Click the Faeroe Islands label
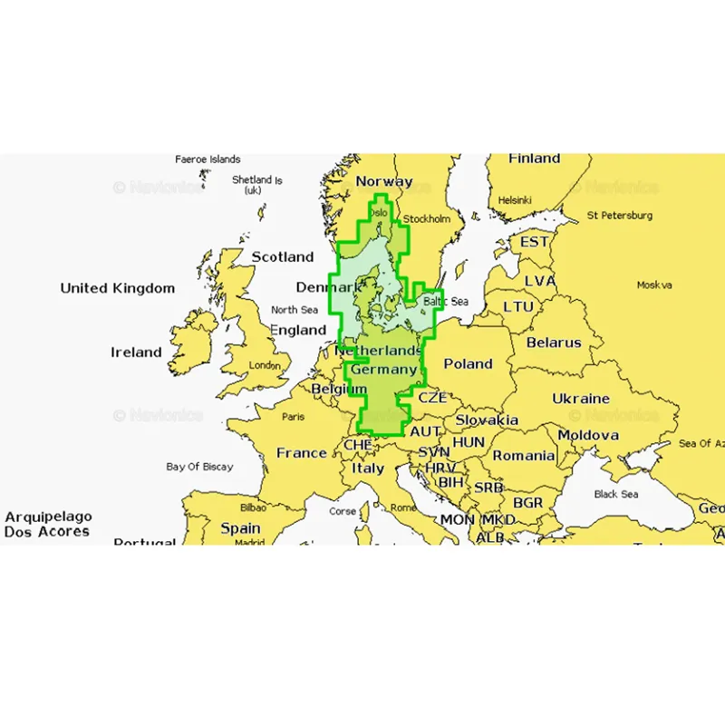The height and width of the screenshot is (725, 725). tap(208, 159)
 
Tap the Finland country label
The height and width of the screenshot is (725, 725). tap(534, 159)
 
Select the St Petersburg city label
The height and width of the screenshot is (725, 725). tap(620, 216)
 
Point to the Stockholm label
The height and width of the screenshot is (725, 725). tap(426, 218)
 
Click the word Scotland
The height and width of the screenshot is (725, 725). tap(283, 257)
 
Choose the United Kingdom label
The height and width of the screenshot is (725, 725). tap(118, 288)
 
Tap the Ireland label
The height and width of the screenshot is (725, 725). tap(136, 352)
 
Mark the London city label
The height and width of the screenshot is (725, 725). tap(265, 365)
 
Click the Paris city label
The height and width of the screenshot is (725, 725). tap(293, 417)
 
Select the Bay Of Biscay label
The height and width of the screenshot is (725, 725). tap(199, 467)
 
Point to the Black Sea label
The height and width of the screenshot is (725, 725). tap(616, 494)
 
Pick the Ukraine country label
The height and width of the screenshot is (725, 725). tap(581, 399)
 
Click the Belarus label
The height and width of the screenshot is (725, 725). tap(554, 343)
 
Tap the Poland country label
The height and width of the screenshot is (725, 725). tap(468, 363)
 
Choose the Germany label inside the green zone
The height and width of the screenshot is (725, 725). tap(383, 370)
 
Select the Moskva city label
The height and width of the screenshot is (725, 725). tap(654, 285)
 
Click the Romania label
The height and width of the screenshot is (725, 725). tap(523, 456)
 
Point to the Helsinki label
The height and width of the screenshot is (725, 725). tap(514, 200)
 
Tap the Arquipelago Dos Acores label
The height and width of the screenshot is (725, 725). tap(47, 524)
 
